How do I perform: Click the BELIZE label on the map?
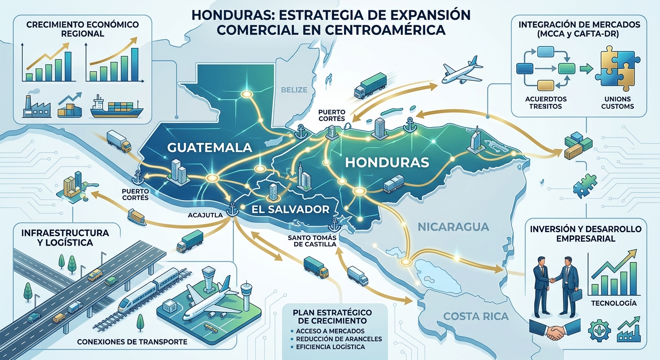tap(294, 90)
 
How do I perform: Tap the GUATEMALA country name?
tap(209, 148)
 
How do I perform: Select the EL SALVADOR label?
tap(291, 209)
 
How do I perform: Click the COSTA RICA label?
tap(476, 316)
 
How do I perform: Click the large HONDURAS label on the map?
tap(387, 163)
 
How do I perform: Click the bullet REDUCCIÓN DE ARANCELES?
tap(338, 338)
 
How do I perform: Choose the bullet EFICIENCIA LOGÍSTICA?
tap(330, 347)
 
